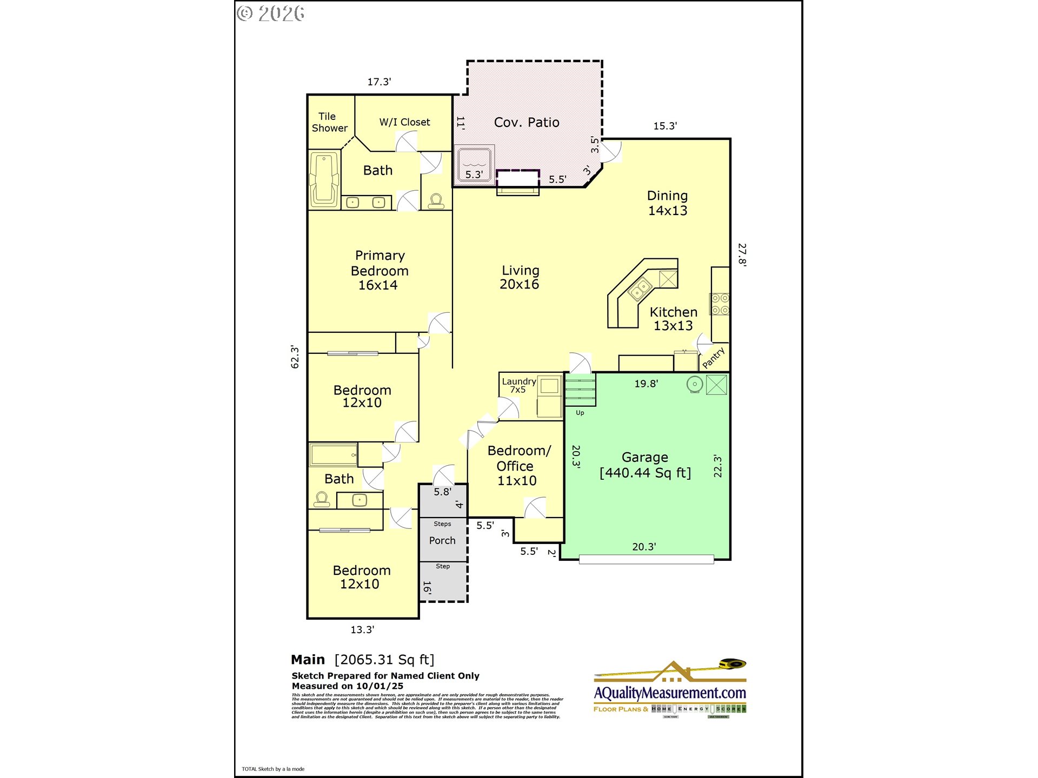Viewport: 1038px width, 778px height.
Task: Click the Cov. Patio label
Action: [x=526, y=123]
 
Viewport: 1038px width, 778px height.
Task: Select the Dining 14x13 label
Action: [x=667, y=203]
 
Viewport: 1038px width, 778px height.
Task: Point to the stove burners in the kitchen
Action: [x=720, y=304]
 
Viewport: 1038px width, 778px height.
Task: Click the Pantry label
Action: [x=713, y=358]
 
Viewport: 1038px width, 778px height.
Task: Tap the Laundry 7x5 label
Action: [x=518, y=385]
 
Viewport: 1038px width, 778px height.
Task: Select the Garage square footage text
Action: [x=645, y=473]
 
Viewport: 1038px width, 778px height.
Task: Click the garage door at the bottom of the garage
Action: [x=646, y=560]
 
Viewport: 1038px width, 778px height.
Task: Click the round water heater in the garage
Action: [x=695, y=384]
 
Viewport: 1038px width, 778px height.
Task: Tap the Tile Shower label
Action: [x=329, y=123]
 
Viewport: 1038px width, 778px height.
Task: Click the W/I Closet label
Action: [x=404, y=122]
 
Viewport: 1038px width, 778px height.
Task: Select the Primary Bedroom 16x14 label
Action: [x=380, y=270]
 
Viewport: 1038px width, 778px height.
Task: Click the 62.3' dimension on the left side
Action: [x=295, y=357]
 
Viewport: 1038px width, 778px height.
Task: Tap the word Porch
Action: [x=442, y=541]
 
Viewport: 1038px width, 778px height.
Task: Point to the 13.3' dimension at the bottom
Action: [x=362, y=630]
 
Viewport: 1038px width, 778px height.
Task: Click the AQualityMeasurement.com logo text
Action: [x=670, y=693]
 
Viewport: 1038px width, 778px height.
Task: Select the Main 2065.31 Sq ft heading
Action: [x=362, y=660]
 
